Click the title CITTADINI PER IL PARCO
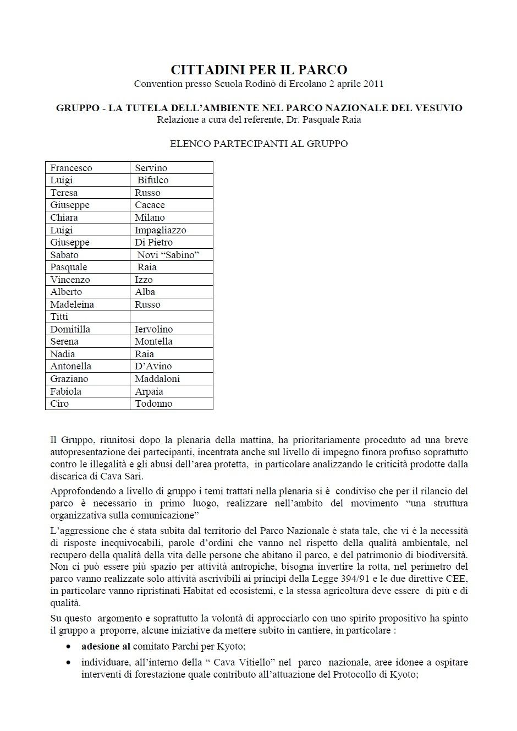coord(258,70)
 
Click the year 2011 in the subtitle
coord(372,84)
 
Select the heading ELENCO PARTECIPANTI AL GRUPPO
coord(258,144)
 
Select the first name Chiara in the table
coord(64,217)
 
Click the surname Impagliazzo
coord(161,230)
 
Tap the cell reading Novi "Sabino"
coord(168,255)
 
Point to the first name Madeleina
coord(72,304)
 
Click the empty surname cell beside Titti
coord(171,317)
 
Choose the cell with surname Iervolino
coord(154,329)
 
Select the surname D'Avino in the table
coord(153,366)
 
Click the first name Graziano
coord(69,379)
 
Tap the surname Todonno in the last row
coord(153,403)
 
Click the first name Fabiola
coord(65,391)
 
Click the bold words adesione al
coord(106,647)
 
